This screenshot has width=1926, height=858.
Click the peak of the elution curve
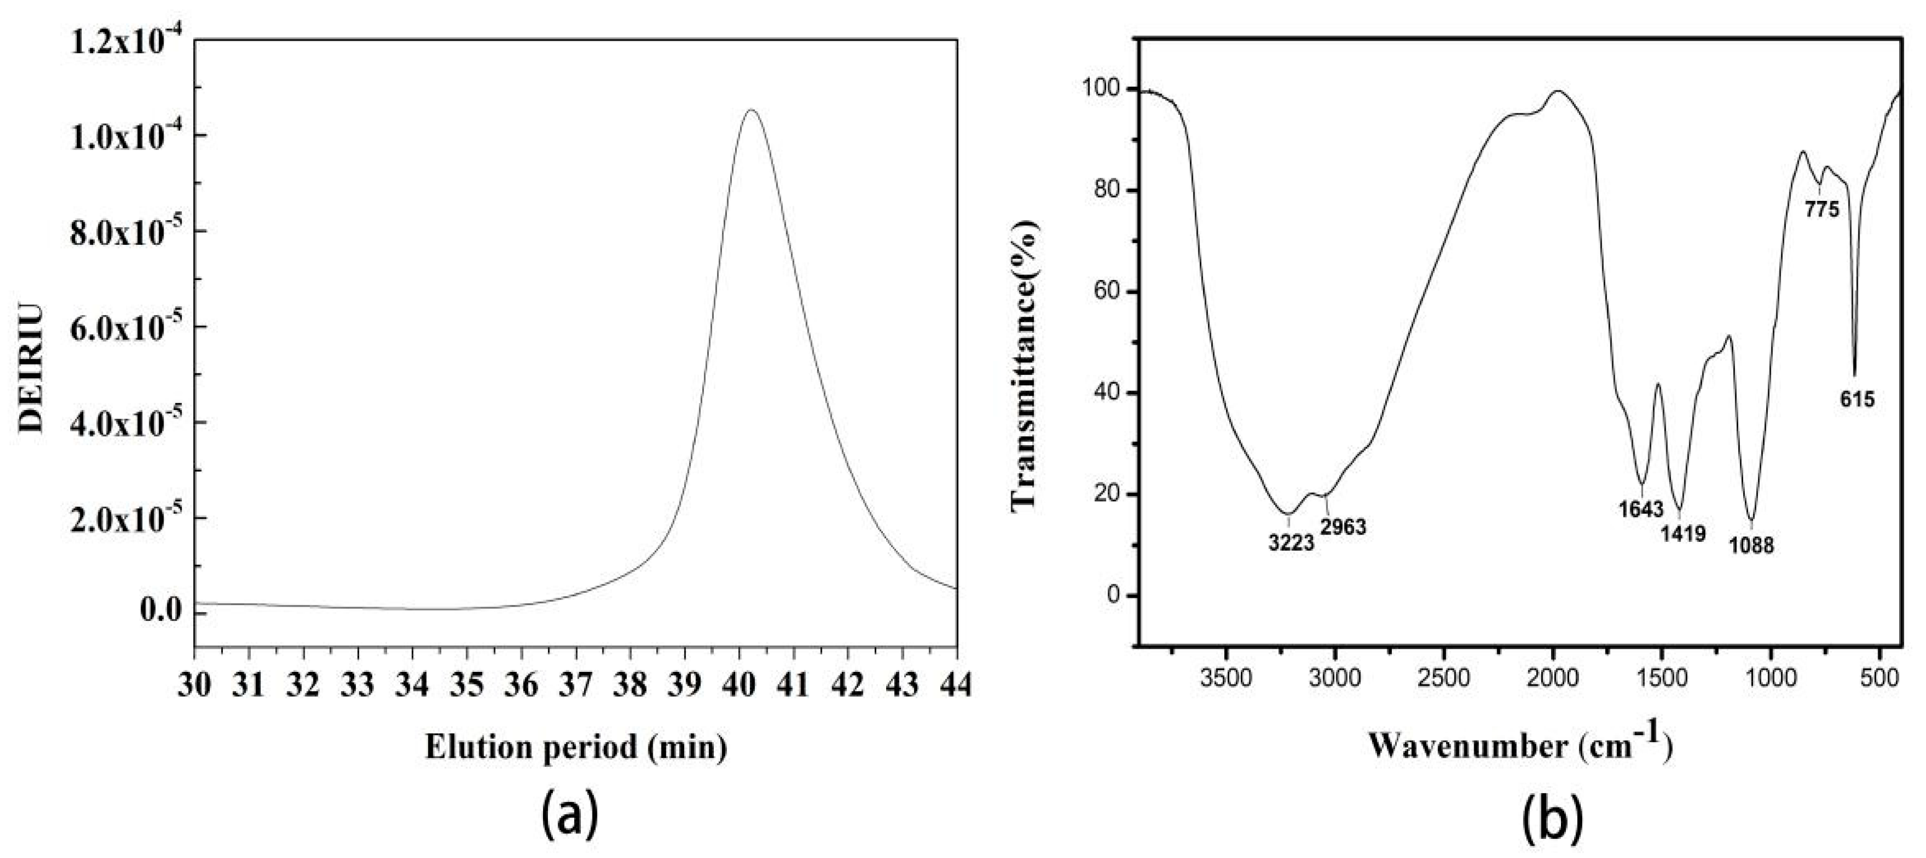[x=752, y=111]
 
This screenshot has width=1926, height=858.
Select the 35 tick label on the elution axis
[x=467, y=685]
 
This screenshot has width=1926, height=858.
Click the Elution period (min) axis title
[x=576, y=747]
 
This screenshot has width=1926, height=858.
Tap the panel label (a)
[x=570, y=816]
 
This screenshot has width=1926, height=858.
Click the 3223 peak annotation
[x=1291, y=542]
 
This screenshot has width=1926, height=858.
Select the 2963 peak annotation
[x=1343, y=527]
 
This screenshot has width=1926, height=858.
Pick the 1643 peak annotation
[x=1641, y=510]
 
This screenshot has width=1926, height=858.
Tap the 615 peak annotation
[x=1857, y=399]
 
